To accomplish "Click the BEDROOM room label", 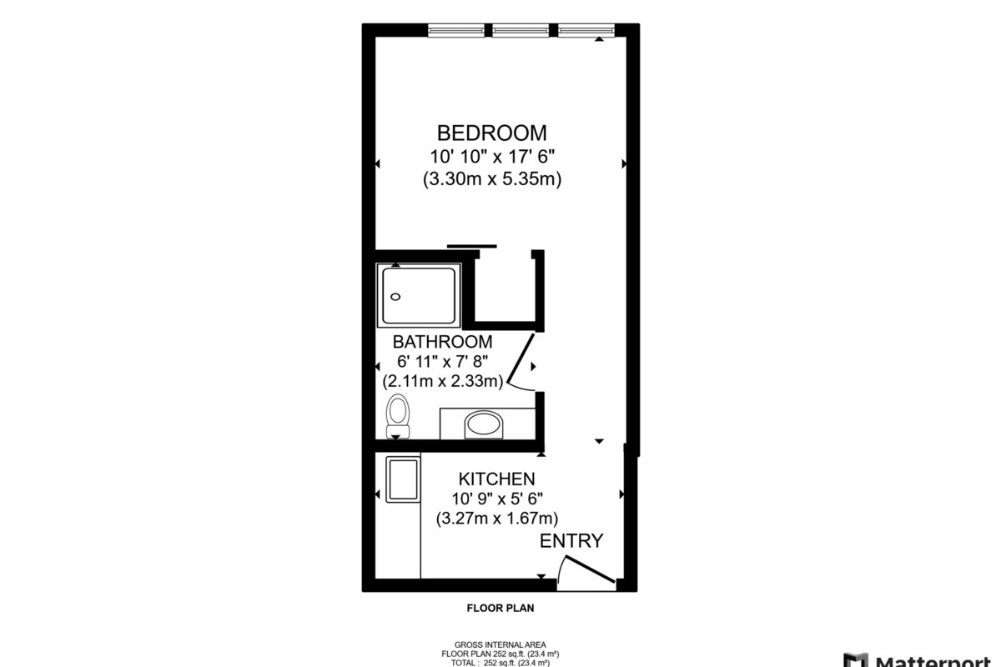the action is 491,133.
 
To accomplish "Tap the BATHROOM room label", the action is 442,342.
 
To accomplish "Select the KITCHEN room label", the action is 496,479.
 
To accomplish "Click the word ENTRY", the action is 571,541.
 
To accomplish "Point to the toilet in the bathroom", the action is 398,416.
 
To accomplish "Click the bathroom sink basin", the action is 484,424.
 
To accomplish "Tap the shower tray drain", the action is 395,297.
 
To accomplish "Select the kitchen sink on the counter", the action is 403,479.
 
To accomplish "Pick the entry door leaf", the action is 590,569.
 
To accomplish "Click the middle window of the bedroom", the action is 521,30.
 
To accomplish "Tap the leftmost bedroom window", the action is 455,30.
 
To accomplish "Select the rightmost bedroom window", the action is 586,30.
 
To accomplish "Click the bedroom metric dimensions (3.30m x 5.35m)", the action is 492,179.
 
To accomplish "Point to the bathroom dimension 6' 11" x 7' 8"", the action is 442,361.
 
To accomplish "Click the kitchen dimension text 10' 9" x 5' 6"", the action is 497,498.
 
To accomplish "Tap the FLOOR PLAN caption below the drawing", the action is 500,608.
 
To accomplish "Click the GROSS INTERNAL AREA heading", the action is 500,644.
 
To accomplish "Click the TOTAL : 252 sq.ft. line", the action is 500,663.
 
